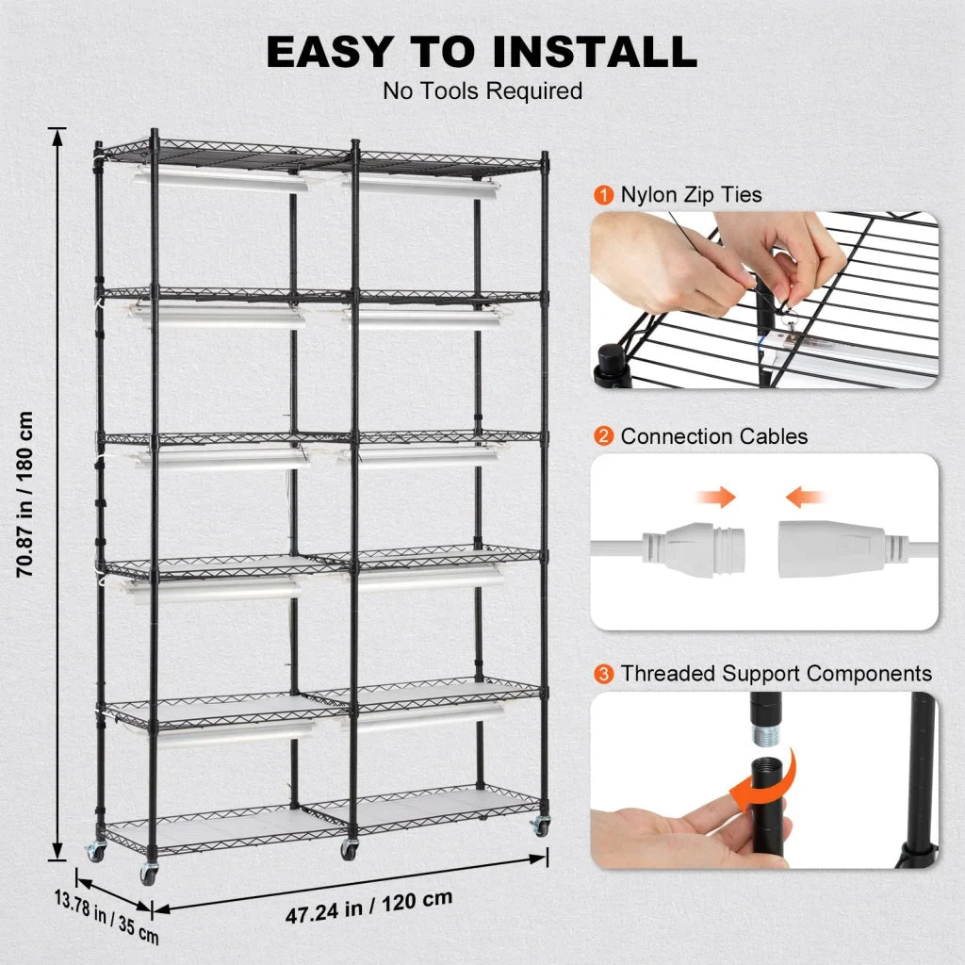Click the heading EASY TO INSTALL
click(x=482, y=52)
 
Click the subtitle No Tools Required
click(x=482, y=91)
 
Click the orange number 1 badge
click(x=603, y=195)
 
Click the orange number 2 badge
click(x=603, y=436)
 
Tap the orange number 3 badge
click(x=603, y=674)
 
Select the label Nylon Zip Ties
click(x=691, y=195)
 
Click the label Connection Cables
click(x=713, y=436)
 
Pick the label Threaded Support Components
click(x=776, y=674)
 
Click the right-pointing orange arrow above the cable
click(x=718, y=497)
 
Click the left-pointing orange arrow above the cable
click(x=807, y=497)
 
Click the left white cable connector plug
click(x=693, y=548)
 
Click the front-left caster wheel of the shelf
click(x=149, y=873)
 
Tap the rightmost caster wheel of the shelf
click(x=540, y=826)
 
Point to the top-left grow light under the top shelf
click(x=222, y=179)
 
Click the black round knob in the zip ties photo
click(x=613, y=363)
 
